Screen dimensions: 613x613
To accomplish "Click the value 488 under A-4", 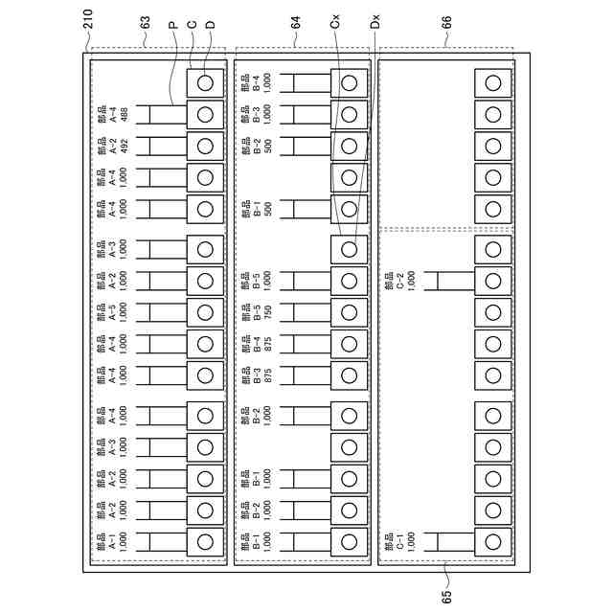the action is coord(124,116).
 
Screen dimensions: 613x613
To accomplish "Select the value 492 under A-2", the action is coord(124,148).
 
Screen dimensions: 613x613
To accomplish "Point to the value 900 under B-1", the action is coord(268,209).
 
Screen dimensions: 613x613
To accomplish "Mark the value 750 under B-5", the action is coord(268,312).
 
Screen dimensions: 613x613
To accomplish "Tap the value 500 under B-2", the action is coord(268,146).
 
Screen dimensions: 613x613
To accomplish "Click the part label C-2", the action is coord(400,281).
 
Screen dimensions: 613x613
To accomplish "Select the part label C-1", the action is coord(400,542).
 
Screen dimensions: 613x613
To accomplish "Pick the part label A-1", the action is coord(112,542).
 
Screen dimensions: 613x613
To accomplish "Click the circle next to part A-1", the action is coord(205,542).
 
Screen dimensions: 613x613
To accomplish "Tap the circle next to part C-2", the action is coord(493,281).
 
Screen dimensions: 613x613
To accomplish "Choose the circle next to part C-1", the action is coord(493,542).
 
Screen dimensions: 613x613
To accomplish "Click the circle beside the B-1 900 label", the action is coord(349,209).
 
